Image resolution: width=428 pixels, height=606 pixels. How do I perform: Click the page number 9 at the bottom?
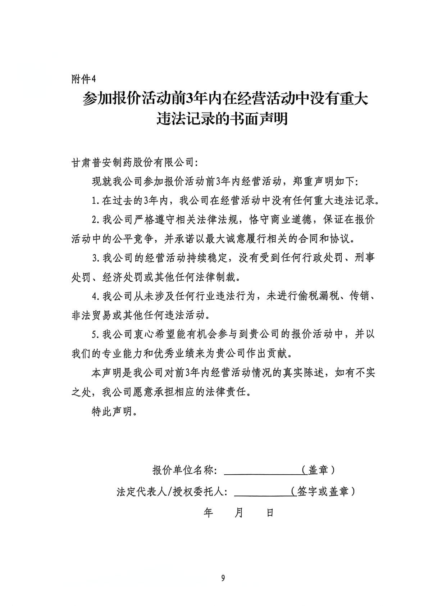[x=223, y=578]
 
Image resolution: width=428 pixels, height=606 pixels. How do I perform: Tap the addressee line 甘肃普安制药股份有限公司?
[x=133, y=162]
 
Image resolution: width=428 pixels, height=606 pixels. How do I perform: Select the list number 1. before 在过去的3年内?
[x=96, y=200]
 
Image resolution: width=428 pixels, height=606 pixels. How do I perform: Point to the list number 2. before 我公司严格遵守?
[x=96, y=220]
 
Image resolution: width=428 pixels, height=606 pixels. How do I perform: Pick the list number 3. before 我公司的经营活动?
[x=96, y=258]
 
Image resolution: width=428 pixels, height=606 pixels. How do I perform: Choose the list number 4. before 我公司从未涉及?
[x=96, y=296]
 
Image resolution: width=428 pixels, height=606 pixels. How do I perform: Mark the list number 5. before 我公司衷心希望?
[x=96, y=335]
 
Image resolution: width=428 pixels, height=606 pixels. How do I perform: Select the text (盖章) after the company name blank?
[x=319, y=470]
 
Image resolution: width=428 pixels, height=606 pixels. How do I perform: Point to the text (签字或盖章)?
[x=323, y=492]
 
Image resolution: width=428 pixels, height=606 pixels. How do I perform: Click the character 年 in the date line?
[x=209, y=512]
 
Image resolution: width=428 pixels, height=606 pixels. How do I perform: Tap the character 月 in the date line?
[x=239, y=512]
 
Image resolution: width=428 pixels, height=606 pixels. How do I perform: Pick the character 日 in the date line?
[x=270, y=512]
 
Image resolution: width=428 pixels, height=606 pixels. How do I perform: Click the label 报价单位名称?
[x=183, y=470]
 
